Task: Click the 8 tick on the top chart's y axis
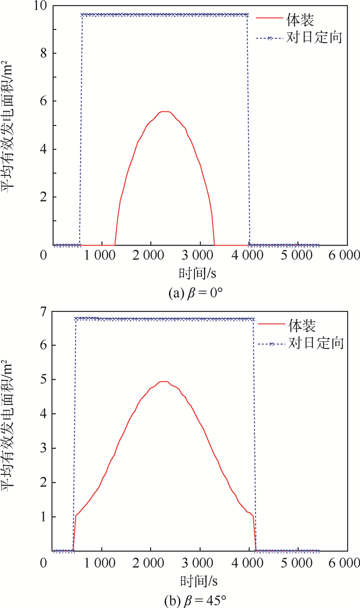pos(45,53)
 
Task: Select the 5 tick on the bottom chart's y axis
pos(45,379)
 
